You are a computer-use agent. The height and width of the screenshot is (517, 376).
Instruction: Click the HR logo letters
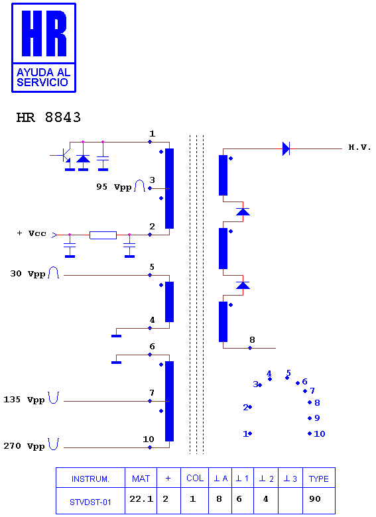(44, 33)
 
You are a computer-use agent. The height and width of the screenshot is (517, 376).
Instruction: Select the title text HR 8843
(48, 117)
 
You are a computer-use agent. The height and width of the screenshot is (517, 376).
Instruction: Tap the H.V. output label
(360, 147)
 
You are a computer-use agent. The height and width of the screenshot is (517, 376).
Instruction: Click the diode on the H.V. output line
(286, 148)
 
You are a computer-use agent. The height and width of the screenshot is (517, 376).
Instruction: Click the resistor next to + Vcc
(103, 235)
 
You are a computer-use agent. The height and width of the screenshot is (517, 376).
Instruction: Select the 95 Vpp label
(114, 187)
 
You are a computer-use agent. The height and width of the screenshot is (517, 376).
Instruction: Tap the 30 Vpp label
(27, 274)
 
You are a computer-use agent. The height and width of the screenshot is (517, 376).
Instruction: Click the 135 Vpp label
(24, 400)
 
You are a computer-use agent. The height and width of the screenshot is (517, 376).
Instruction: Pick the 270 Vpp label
(24, 446)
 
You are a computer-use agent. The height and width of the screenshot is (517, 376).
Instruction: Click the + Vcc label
(31, 233)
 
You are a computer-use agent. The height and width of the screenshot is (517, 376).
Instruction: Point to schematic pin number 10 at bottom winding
(149, 439)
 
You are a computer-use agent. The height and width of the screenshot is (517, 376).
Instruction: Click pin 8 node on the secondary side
(250, 348)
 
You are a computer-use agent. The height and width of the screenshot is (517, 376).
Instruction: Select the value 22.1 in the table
(141, 499)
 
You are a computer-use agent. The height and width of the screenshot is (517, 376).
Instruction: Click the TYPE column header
(318, 479)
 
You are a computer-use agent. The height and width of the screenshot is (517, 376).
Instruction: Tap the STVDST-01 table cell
(90, 502)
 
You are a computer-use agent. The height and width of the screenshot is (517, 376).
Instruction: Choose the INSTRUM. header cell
(90, 479)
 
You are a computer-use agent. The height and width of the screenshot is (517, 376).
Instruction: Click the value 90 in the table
(314, 499)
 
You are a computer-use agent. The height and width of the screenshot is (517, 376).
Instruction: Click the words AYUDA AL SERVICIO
(43, 77)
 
